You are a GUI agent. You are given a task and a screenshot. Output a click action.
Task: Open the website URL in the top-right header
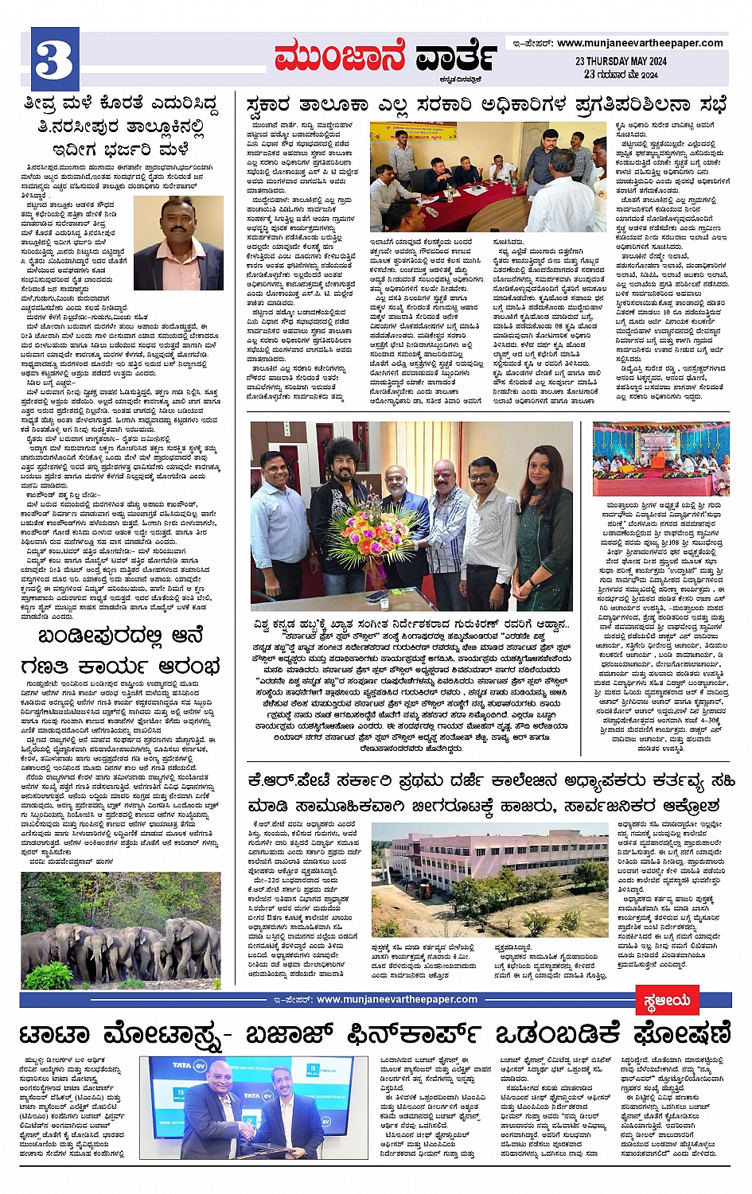point(640,43)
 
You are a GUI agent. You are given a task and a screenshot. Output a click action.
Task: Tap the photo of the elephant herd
point(121,929)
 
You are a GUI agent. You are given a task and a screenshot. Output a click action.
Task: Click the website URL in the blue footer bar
point(397,999)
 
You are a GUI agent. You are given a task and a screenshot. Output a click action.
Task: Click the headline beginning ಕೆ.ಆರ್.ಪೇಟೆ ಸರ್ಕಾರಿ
point(491,792)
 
